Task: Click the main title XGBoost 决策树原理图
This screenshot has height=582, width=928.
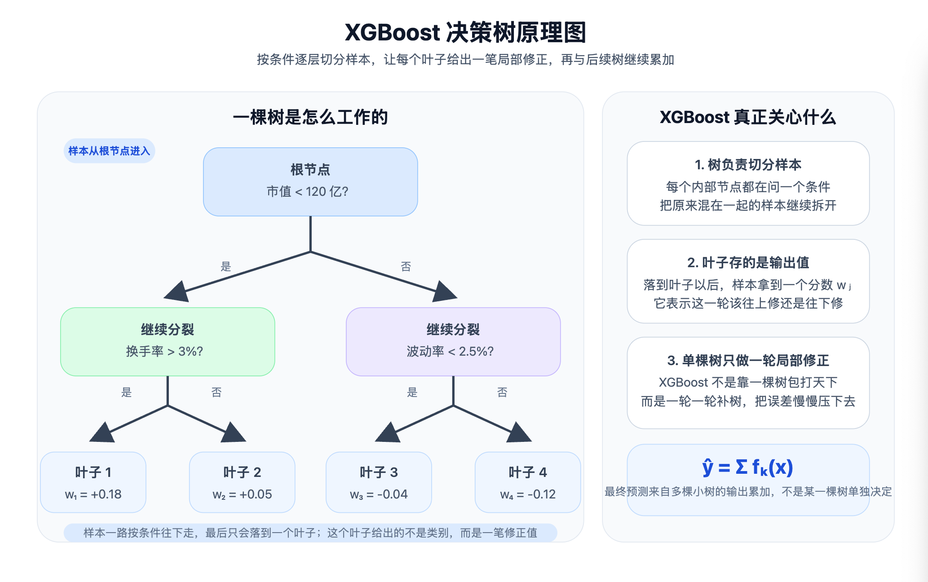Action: (465, 32)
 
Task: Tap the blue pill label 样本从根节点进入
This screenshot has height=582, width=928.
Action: (109, 151)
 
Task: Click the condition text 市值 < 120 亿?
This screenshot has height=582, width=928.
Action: (308, 192)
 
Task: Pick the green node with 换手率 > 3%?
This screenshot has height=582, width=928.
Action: (168, 342)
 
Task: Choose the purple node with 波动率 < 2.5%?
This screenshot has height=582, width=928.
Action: (453, 342)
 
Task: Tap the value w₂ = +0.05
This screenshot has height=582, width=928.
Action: (242, 494)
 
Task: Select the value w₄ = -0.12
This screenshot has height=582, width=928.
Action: (528, 494)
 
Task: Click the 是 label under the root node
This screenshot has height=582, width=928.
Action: (226, 267)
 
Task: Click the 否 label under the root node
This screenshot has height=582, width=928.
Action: (406, 267)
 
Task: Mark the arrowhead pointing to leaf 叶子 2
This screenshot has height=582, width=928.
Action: (234, 433)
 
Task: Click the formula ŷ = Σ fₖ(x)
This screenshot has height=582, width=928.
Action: (748, 467)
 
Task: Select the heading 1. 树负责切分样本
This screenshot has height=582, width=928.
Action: (748, 165)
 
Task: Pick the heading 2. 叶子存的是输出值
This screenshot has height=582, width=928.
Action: (748, 263)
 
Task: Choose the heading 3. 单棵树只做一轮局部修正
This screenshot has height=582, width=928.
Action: (748, 361)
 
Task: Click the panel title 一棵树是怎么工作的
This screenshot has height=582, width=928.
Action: (310, 117)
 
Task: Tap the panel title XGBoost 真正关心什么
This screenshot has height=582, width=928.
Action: (748, 117)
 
